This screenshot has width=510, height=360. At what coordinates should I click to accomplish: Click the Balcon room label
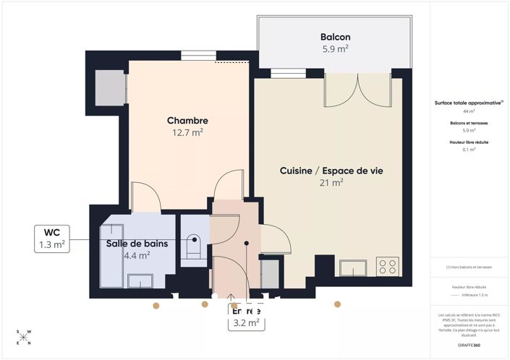pyautogui.click(x=335, y=37)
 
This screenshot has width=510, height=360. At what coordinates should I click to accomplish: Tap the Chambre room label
pyautogui.click(x=187, y=121)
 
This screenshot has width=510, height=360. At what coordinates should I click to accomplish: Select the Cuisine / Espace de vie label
pyautogui.click(x=331, y=171)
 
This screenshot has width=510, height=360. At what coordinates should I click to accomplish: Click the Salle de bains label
pyautogui.click(x=137, y=244)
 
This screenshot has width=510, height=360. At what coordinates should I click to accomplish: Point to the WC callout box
pyautogui.click(x=52, y=239)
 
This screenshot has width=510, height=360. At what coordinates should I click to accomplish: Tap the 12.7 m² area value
pyautogui.click(x=187, y=132)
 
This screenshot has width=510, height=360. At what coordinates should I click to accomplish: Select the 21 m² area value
pyautogui.click(x=331, y=183)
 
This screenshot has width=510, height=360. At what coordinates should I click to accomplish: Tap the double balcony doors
pyautogui.click(x=350, y=90)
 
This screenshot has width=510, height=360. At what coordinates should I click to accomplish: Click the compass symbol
pyautogui.click(x=24, y=337)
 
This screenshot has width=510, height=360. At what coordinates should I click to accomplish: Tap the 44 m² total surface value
pyautogui.click(x=469, y=112)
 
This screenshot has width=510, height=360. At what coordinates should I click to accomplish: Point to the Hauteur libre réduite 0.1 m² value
pyautogui.click(x=469, y=150)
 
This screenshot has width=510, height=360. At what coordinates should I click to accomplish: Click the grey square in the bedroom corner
pyautogui.click(x=111, y=87)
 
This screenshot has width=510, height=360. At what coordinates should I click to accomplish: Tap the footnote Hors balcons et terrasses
pyautogui.click(x=469, y=267)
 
